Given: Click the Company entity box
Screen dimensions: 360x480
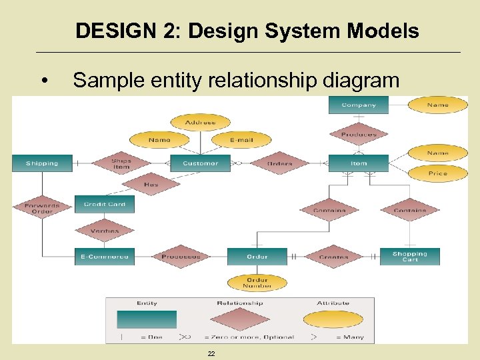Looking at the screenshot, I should click(x=359, y=105).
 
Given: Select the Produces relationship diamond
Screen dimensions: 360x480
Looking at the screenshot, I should click(x=359, y=135).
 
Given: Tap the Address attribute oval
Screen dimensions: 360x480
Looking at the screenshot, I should click(x=201, y=123).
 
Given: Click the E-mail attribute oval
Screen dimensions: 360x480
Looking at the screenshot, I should click(x=241, y=140).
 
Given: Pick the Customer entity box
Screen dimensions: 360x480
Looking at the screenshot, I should click(x=200, y=163).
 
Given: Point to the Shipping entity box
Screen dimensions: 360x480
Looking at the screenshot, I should click(x=41, y=163).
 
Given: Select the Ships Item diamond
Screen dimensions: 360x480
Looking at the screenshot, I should click(x=121, y=163).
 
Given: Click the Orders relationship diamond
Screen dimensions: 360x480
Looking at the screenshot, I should click(x=279, y=163).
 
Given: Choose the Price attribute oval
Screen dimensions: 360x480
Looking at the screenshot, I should click(x=437, y=173).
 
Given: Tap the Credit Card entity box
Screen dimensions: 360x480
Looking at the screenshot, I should click(x=105, y=205).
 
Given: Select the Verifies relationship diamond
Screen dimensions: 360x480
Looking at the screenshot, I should click(x=105, y=231).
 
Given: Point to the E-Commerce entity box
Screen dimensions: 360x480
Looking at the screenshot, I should click(x=105, y=257).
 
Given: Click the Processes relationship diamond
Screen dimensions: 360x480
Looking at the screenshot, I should click(x=181, y=257).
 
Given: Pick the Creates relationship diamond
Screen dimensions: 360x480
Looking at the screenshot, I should click(x=333, y=257).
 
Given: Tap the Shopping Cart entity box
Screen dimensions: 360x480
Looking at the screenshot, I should click(x=409, y=257).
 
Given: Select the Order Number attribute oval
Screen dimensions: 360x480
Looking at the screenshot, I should click(x=257, y=283).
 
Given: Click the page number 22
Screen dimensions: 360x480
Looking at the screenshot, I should click(x=211, y=353).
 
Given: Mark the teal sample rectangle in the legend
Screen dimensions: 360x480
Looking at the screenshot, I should click(x=147, y=320).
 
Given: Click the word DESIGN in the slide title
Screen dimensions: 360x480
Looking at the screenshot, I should click(x=104, y=31).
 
